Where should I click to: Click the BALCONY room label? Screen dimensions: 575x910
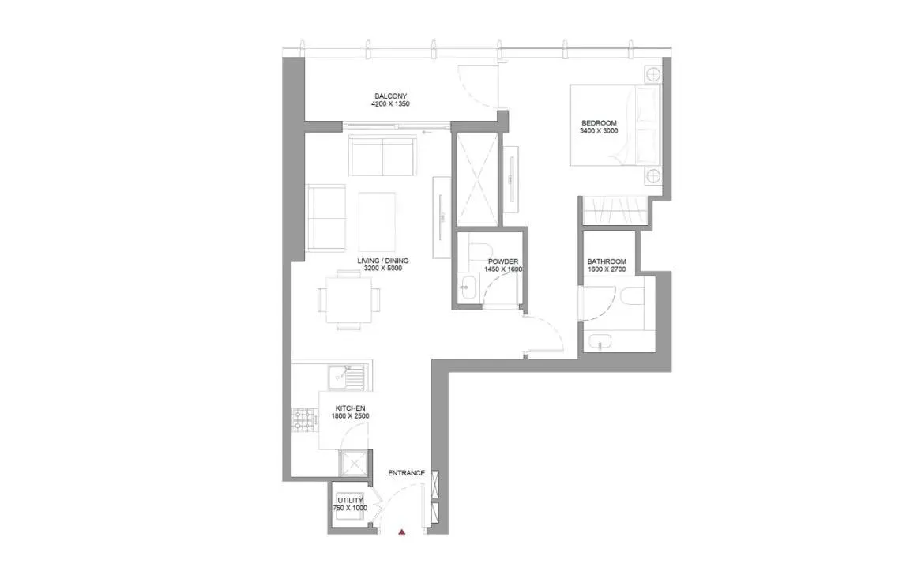pos(391,96)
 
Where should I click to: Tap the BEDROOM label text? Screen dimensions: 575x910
pos(598,123)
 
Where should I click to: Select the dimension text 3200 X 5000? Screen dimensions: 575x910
pos(383,269)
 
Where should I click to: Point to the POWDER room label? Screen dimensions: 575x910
pos(502,261)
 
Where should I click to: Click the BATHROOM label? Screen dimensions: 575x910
pos(607,261)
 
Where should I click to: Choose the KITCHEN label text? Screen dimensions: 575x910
pos(349,408)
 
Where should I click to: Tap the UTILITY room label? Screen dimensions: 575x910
pos(351,500)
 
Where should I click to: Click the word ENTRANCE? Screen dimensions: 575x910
pos(407,473)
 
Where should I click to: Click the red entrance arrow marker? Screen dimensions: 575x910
pos(402,534)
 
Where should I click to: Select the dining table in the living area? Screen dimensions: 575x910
pos(348,299)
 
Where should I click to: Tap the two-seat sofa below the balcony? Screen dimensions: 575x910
pos(383,156)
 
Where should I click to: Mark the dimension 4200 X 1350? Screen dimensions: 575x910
pos(391,104)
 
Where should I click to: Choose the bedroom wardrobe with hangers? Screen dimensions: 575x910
pos(615,212)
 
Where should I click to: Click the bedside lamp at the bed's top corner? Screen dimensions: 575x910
pos(653,76)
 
